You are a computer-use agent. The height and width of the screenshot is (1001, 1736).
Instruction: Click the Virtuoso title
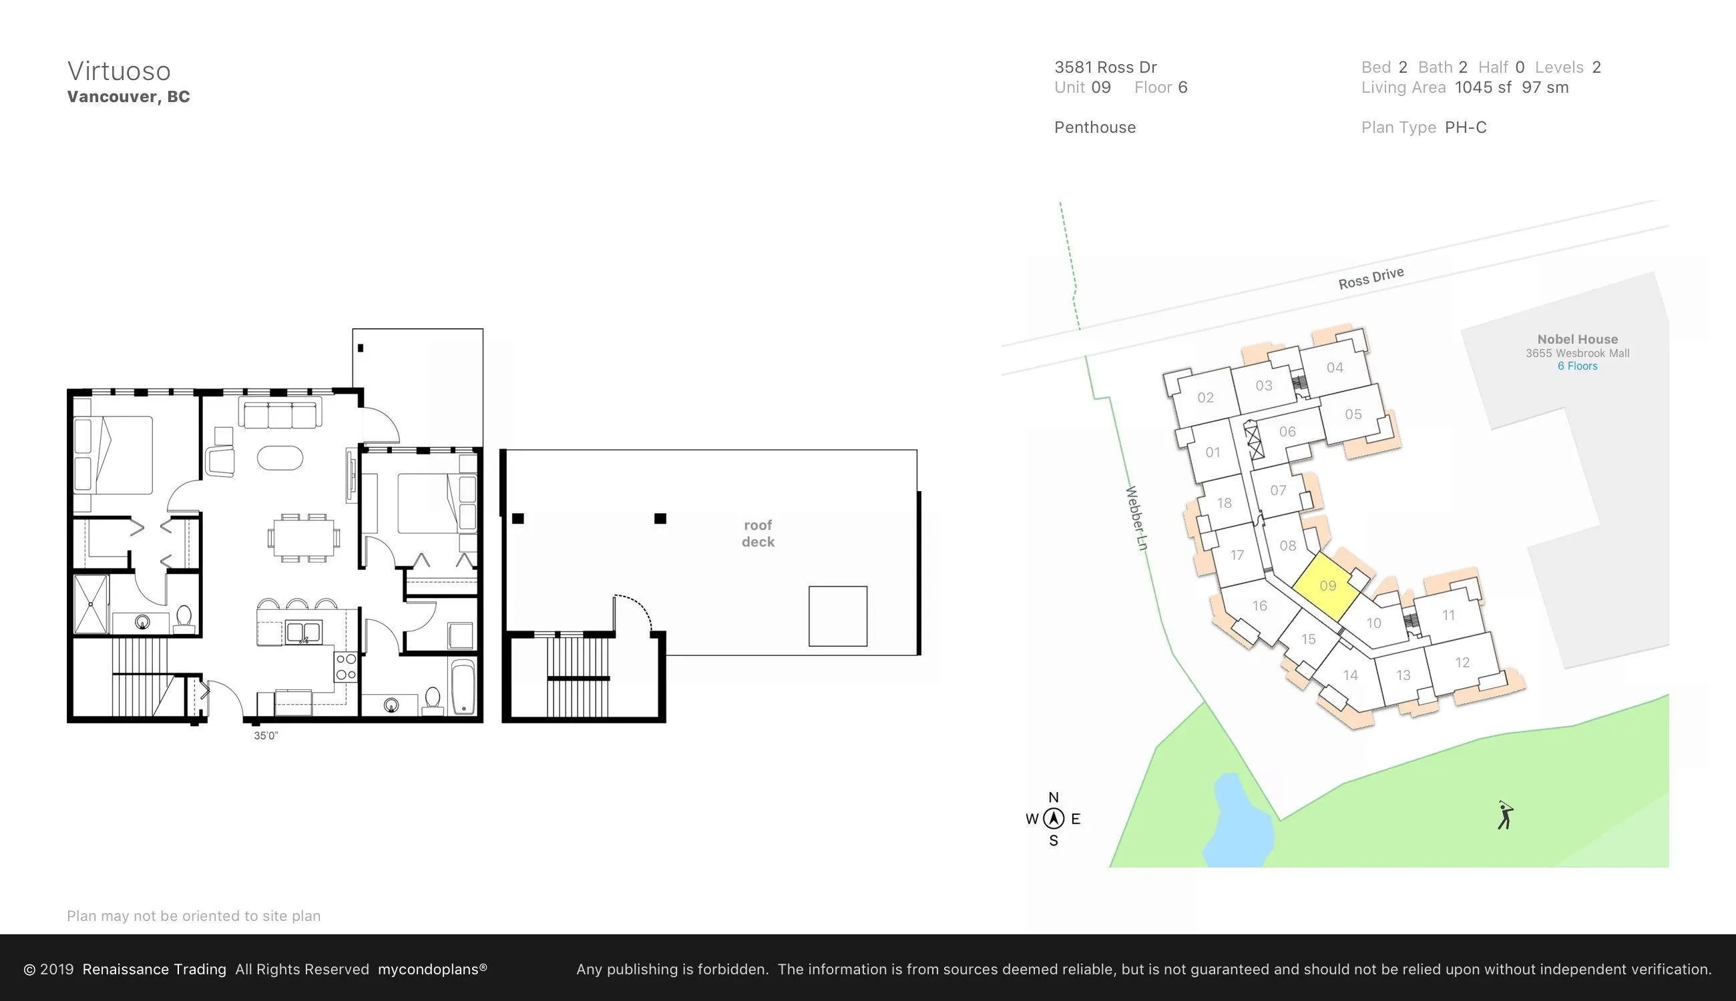(119, 71)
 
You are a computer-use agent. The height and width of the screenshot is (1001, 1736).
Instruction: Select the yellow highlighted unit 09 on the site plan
(1327, 586)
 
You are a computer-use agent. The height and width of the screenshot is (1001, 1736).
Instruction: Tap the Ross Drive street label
(1371, 278)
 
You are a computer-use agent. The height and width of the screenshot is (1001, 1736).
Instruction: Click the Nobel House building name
(1577, 339)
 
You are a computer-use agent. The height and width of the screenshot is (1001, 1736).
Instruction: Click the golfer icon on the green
(1506, 815)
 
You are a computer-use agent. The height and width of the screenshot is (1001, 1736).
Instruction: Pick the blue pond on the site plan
(1237, 821)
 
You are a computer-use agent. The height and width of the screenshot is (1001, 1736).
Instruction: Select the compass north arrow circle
(1054, 818)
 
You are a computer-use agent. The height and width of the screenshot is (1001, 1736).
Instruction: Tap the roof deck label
(758, 533)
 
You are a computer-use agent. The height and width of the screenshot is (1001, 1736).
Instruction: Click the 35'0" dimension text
(266, 735)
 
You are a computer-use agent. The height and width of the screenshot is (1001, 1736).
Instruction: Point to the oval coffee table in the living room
(280, 458)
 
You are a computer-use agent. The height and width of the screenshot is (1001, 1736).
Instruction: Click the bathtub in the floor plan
(463, 687)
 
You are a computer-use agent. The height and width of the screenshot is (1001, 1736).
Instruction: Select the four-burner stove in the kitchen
(346, 667)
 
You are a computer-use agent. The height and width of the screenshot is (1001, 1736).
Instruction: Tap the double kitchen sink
(303, 632)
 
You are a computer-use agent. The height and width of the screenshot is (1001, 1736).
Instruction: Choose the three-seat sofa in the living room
(280, 413)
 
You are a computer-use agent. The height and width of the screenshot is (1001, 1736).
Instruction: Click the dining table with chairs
(304, 538)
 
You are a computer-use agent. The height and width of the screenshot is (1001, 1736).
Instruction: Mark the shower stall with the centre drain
(91, 604)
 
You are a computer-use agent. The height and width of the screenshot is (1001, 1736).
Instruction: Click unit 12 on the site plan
(1462, 663)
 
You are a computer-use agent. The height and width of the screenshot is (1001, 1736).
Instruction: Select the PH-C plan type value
(1466, 128)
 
